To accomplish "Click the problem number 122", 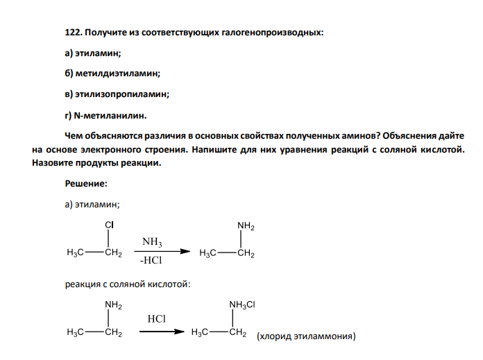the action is [74, 33].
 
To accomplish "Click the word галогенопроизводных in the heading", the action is [272, 33].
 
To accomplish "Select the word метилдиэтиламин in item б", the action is [117, 74].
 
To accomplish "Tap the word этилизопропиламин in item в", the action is [121, 94].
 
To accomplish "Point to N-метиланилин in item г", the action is [110, 116].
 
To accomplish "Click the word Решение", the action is [85, 184].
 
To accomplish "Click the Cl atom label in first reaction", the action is [110, 225].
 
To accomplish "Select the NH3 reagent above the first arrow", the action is [152, 242].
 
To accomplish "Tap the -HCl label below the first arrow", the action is [151, 261].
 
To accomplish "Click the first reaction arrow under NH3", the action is [162, 251].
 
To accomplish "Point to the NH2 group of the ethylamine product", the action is [246, 226].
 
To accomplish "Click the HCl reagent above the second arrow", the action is [156, 319].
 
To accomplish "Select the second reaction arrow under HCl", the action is [162, 332].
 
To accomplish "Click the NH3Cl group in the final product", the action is [242, 305].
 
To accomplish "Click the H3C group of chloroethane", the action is [75, 252].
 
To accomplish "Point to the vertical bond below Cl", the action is [108, 239].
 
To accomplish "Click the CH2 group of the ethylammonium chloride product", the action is [237, 332].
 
